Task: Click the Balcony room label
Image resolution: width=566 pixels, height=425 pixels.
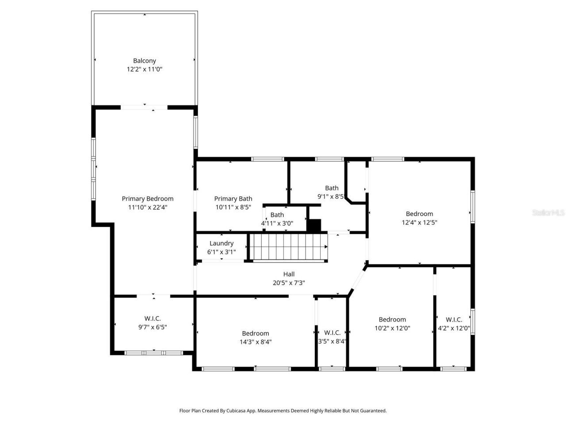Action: coord(145,61)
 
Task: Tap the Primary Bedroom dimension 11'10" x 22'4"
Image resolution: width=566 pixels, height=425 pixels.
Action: coord(148,207)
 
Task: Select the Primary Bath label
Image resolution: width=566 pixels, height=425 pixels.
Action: coord(233,199)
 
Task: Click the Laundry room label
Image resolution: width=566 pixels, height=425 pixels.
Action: coord(222,243)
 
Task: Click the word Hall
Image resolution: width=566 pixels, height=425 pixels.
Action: coord(289,274)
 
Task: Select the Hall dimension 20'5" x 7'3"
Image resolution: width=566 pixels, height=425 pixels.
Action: coord(289,283)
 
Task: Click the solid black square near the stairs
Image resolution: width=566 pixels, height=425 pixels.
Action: coord(314,225)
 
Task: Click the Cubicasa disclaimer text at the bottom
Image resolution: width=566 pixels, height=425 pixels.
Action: coord(283,411)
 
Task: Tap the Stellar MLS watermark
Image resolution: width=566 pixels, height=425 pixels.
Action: coord(548,213)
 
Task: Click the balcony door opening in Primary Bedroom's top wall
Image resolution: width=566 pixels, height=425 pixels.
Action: coord(144,107)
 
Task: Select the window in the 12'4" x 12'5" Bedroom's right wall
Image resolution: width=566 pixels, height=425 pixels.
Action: coord(472,206)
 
